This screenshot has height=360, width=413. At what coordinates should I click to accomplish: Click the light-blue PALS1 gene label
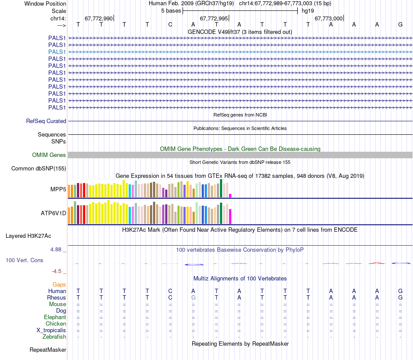(x=57, y=52)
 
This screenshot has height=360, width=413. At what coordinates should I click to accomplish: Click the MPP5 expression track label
(x=58, y=190)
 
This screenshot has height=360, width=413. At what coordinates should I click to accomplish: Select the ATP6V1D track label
(x=53, y=213)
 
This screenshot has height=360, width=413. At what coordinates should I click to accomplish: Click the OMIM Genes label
(x=49, y=155)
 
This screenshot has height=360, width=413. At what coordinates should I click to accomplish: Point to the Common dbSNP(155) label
(x=39, y=169)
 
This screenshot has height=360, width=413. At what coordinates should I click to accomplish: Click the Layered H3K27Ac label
(x=28, y=236)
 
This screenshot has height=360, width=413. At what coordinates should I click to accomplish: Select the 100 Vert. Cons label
(x=24, y=260)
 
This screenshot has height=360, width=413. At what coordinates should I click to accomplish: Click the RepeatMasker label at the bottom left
(x=48, y=350)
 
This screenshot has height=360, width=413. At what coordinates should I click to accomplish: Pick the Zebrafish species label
(x=54, y=337)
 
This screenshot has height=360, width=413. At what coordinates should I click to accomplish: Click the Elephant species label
(x=55, y=317)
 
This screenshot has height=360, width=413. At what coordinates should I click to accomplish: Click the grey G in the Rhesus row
(x=193, y=298)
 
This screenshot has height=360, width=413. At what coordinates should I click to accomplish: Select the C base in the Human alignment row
(x=170, y=291)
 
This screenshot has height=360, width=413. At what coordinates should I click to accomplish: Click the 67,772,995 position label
(x=213, y=19)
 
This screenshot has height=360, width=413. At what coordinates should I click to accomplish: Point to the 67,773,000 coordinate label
(x=329, y=19)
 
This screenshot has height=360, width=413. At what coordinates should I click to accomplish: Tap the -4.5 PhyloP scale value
(x=57, y=271)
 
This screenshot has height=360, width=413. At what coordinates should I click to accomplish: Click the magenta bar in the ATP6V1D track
(x=230, y=217)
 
